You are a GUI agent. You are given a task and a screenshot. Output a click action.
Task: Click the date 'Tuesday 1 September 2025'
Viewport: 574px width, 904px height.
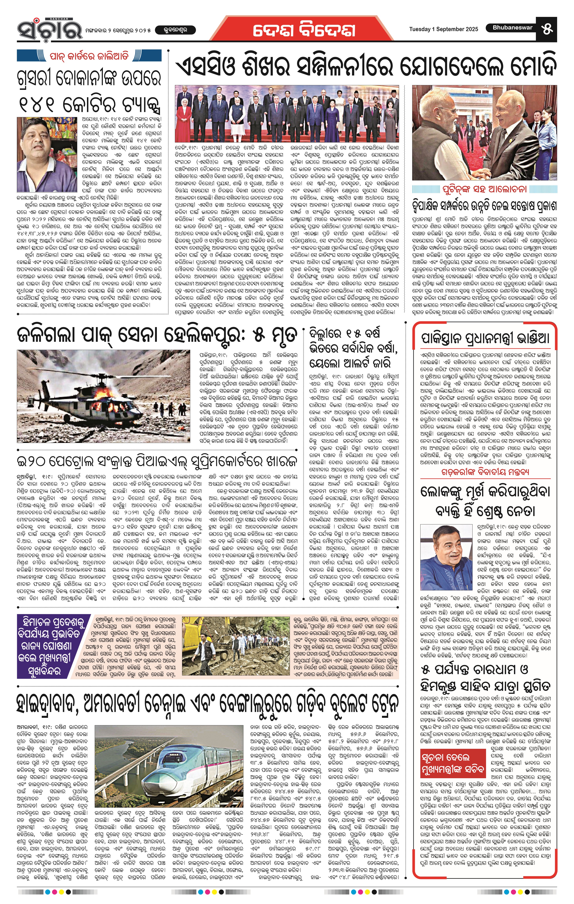[443, 29]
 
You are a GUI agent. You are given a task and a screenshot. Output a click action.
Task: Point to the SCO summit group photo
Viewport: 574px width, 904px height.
[287, 113]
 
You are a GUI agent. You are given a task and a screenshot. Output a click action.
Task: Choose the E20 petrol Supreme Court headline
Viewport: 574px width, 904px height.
[158, 460]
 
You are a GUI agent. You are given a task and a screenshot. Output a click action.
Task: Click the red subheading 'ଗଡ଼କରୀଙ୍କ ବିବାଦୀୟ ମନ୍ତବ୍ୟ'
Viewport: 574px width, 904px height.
[485, 472]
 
